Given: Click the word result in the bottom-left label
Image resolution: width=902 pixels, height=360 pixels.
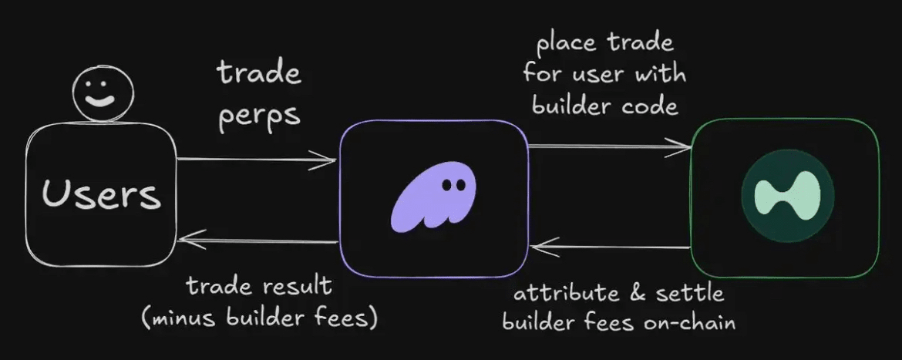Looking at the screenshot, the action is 294,287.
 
